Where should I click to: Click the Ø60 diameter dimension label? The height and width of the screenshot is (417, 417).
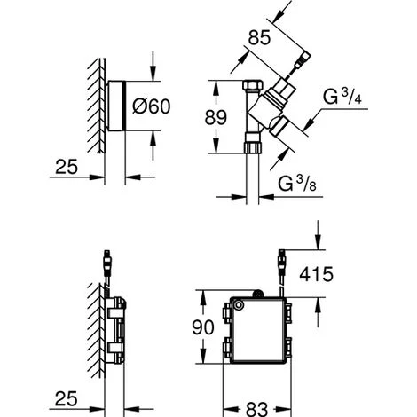(x=152, y=106)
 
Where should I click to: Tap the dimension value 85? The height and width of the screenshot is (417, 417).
(x=259, y=38)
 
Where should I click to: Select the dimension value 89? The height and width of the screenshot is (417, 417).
(x=216, y=117)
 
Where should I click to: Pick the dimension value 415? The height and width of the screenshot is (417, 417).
(x=316, y=274)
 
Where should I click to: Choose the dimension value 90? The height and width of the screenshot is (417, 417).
(x=203, y=327)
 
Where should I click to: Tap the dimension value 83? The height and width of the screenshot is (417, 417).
(x=256, y=409)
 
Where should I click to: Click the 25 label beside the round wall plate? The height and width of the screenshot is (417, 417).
(x=67, y=167)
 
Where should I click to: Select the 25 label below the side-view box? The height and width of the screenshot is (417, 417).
(x=67, y=398)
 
